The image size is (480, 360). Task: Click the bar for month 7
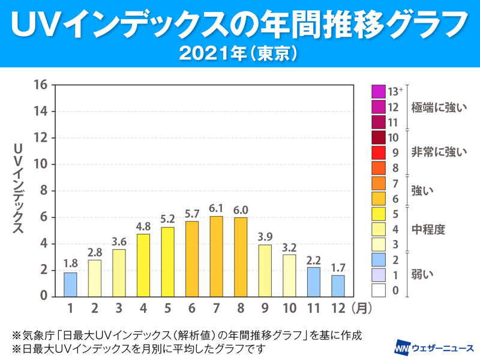(x=217, y=256)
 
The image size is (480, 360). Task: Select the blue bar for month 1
(x=71, y=284)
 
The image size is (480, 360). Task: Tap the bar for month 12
(x=338, y=286)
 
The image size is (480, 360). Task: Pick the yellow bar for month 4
(x=143, y=265)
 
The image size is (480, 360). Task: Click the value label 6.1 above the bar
(x=217, y=208)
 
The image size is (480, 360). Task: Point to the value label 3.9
(x=265, y=236)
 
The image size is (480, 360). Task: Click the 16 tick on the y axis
(x=40, y=85)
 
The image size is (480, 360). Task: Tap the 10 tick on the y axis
(x=40, y=164)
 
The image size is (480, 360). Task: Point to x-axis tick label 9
(x=265, y=309)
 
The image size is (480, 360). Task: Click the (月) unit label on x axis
(x=364, y=309)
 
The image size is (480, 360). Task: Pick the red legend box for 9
(x=378, y=152)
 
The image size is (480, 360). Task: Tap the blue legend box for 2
(x=378, y=260)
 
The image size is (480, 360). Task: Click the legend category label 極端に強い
(x=439, y=108)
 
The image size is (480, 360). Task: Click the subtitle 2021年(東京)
(x=239, y=52)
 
